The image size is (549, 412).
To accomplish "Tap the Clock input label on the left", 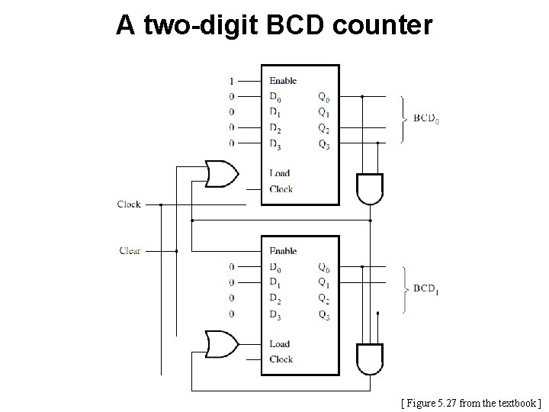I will pyautogui.click(x=129, y=204).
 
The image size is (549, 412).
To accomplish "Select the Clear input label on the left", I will pyautogui.click(x=130, y=250).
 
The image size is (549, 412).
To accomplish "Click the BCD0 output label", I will pyautogui.click(x=426, y=119).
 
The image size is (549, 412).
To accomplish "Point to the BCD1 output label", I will pyautogui.click(x=426, y=289).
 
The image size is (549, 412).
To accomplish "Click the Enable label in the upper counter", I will pyautogui.click(x=283, y=81).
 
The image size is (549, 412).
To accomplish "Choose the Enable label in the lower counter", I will pyautogui.click(x=283, y=251).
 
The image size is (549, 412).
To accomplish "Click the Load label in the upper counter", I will pyautogui.click(x=279, y=173).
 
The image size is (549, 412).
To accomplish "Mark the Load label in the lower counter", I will pyautogui.click(x=279, y=343).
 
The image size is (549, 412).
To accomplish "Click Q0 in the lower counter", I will pyautogui.click(x=324, y=267).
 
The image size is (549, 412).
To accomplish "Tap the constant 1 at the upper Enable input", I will pyautogui.click(x=232, y=81).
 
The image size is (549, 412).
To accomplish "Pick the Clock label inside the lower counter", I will pyautogui.click(x=281, y=359).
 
